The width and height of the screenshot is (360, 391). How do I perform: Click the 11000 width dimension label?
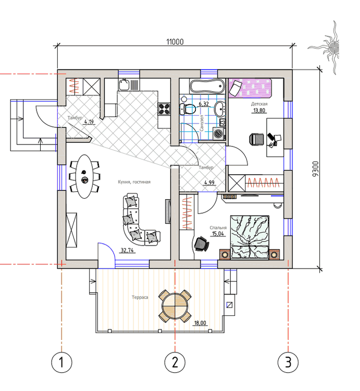point(175,42)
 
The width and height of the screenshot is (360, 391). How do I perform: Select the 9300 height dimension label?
point(315,169)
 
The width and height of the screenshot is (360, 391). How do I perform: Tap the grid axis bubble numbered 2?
point(175,362)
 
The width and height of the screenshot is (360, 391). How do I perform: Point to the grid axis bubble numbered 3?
point(288,362)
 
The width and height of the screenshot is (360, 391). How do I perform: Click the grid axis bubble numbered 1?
point(62,362)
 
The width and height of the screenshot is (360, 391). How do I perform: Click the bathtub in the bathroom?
point(207,86)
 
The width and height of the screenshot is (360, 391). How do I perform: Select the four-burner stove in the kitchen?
point(164,109)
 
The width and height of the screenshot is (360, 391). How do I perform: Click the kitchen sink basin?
point(124,84)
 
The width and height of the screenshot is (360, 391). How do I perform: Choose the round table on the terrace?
point(175,306)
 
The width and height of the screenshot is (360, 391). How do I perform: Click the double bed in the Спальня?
point(250,237)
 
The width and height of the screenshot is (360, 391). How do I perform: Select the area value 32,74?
point(127,250)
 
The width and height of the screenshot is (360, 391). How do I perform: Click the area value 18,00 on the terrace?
point(200,323)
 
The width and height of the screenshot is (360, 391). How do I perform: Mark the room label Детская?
point(259,104)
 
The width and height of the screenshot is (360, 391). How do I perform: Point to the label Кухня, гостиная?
point(134,182)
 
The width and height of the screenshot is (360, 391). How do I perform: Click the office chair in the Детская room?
point(257,139)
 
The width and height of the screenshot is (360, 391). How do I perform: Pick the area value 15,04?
point(218,234)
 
